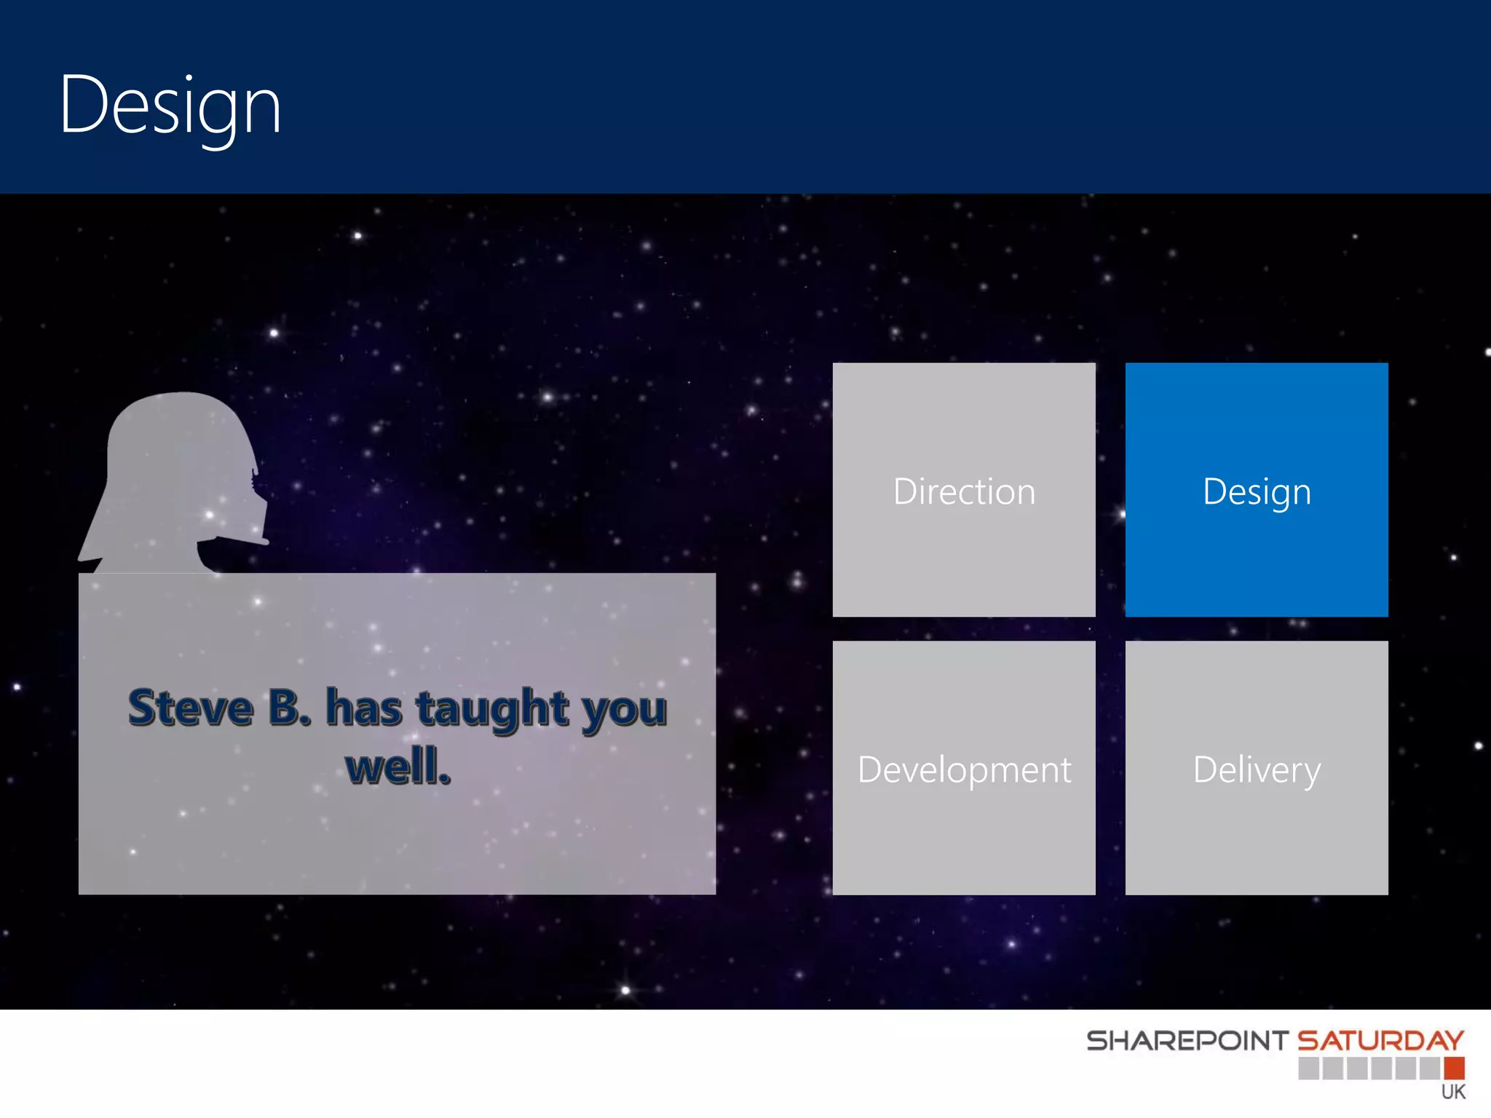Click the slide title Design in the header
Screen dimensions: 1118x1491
[170, 106]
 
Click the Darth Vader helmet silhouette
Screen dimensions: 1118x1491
[171, 473]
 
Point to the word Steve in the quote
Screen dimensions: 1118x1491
[191, 707]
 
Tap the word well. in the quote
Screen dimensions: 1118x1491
[398, 766]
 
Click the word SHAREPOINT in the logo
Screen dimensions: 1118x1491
[1187, 1041]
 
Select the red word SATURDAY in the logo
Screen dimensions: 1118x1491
[1380, 1041]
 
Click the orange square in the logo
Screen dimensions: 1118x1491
[1454, 1068]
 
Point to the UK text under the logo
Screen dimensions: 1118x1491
[1453, 1092]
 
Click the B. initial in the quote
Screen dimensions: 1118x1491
[289, 707]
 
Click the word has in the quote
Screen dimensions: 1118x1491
[363, 707]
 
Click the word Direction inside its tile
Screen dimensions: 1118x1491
[963, 492]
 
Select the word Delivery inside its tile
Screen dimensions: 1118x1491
[1257, 770]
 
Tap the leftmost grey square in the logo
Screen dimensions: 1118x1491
[1308, 1068]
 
